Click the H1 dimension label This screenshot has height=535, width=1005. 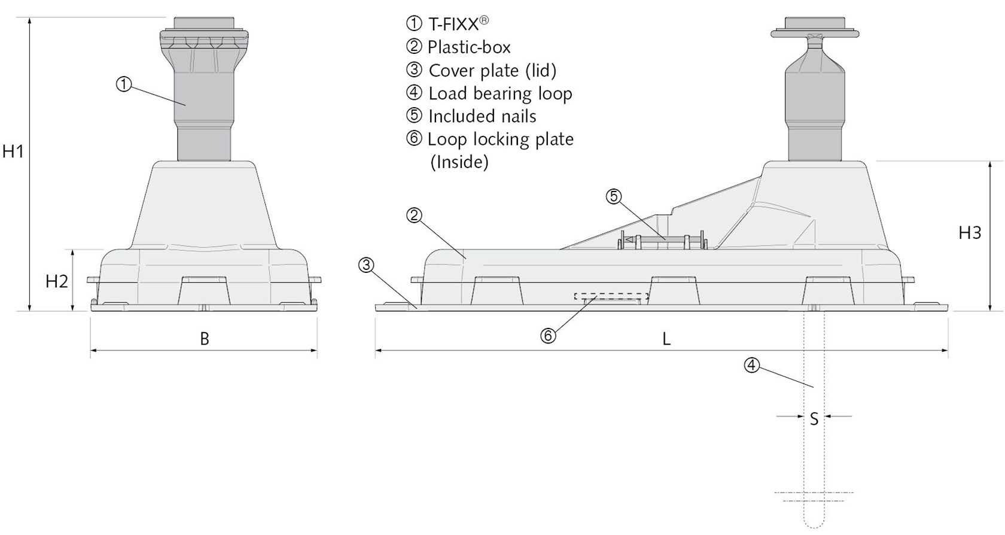[x=13, y=152]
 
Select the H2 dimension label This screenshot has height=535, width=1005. [x=57, y=281]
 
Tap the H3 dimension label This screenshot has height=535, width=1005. [x=970, y=232]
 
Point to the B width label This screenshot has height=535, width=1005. [x=205, y=339]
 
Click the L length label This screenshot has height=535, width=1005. [x=666, y=339]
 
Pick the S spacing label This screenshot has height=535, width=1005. [x=814, y=419]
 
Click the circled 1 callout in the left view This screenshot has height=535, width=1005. [x=124, y=84]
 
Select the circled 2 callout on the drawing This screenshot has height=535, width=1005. [x=414, y=215]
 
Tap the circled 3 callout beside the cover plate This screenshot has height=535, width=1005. [x=366, y=265]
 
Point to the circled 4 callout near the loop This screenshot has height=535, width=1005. [x=752, y=365]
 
